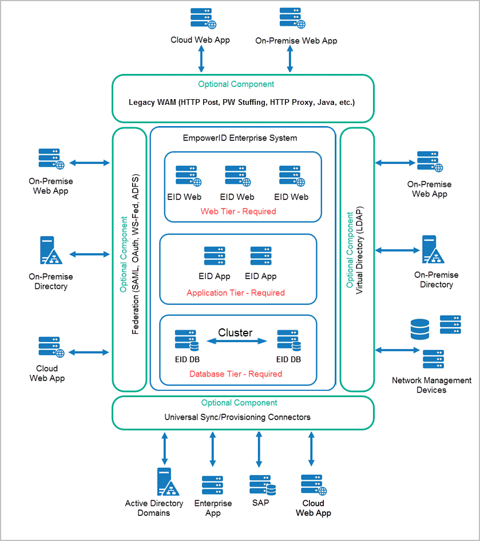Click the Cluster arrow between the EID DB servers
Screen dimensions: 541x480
point(237,341)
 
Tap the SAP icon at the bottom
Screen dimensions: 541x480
point(263,485)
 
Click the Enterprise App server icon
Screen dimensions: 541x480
point(212,485)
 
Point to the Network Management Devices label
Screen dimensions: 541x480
point(431,385)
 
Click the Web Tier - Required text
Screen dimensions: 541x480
point(238,211)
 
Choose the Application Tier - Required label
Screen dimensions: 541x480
point(235,292)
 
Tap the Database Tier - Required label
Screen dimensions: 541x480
point(235,374)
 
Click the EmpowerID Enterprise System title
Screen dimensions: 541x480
point(240,138)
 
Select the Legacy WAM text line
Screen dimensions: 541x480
point(241,102)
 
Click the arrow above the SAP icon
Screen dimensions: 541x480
point(263,449)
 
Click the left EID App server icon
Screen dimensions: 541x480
point(214,256)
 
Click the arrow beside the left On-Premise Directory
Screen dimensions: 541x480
point(89,254)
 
